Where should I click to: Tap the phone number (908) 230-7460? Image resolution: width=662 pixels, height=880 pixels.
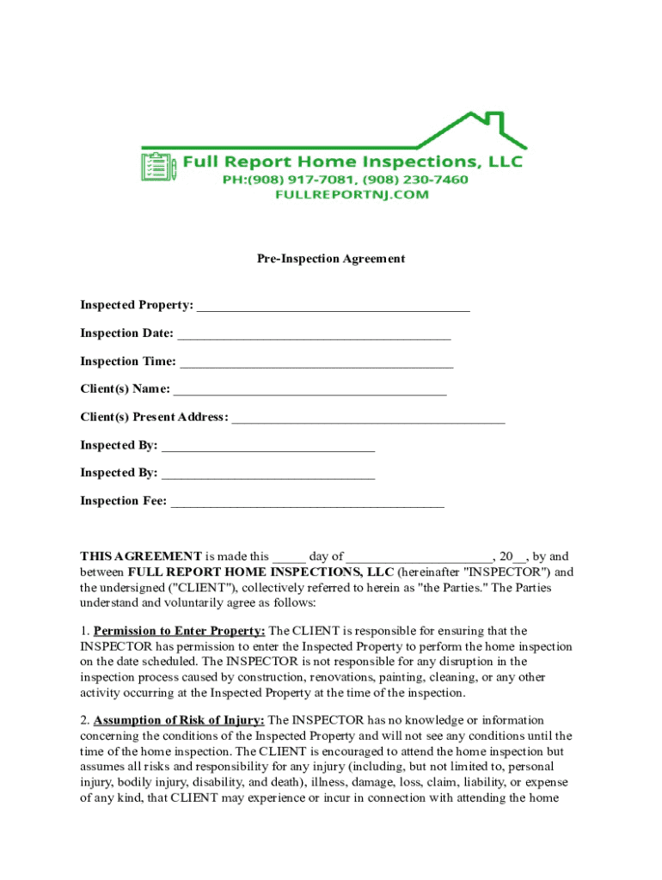pos(416,180)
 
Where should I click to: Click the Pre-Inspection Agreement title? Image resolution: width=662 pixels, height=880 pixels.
pos(331,259)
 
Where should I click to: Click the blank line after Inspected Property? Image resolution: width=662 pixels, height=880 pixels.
pos(334,307)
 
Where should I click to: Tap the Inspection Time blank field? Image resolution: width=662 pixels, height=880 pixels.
pos(316,363)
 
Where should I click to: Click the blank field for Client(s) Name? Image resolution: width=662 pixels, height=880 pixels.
pos(310,391)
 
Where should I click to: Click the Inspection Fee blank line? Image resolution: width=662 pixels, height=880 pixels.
pos(307,502)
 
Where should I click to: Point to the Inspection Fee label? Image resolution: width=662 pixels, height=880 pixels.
pos(123,501)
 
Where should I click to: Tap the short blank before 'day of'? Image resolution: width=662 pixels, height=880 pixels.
pos(289,558)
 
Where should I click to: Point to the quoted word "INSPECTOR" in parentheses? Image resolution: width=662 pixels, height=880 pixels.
pos(514,572)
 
